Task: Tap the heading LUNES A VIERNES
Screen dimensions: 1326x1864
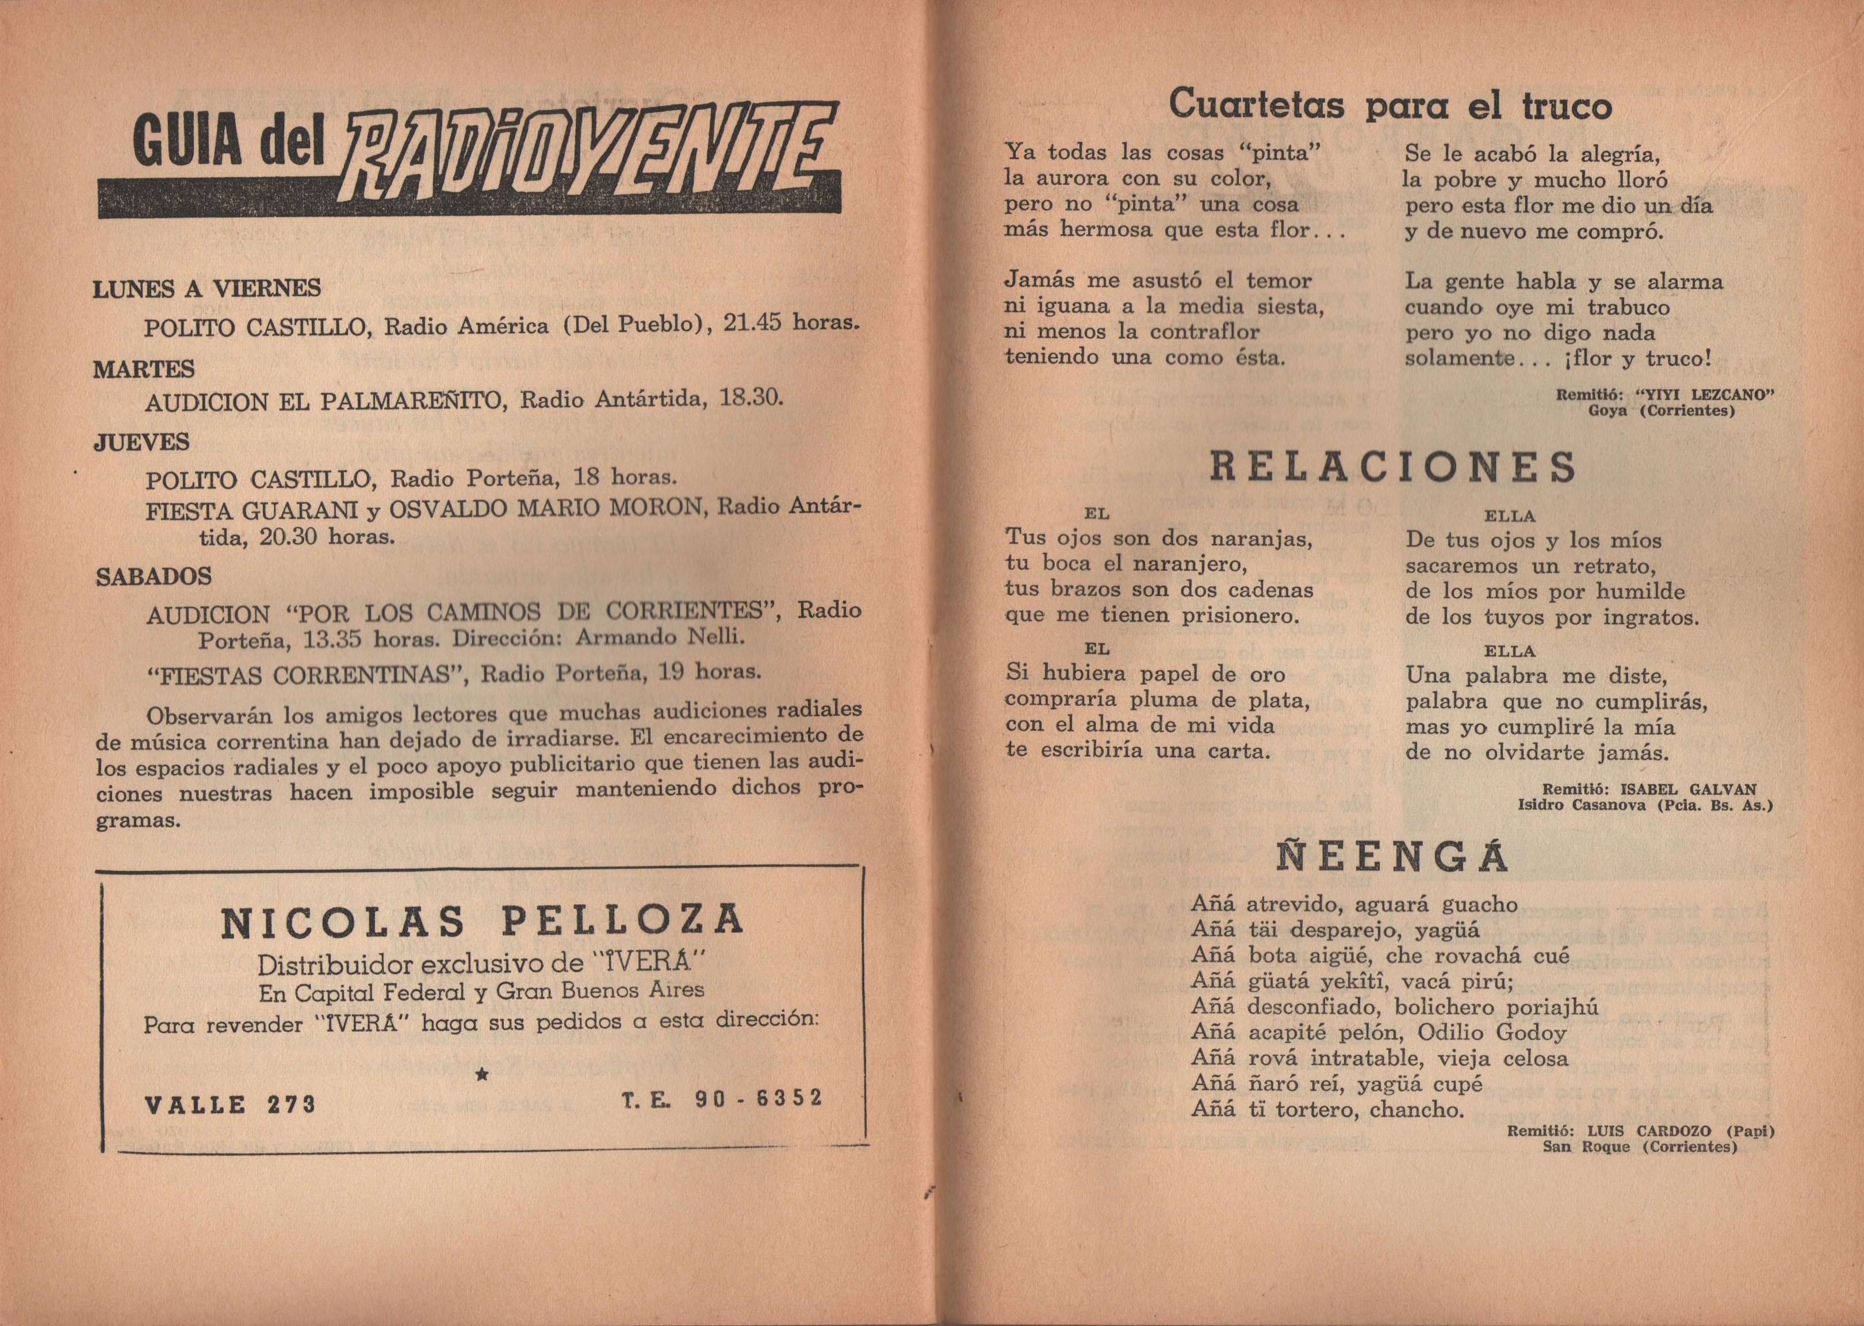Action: (x=207, y=288)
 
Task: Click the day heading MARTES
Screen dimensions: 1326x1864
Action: (x=144, y=369)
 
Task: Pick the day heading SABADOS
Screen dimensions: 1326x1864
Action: (x=154, y=576)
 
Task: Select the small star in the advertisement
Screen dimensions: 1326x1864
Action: (x=481, y=1075)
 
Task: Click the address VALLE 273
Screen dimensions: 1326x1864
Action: (x=230, y=1105)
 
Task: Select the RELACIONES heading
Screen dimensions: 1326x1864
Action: (x=1392, y=467)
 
